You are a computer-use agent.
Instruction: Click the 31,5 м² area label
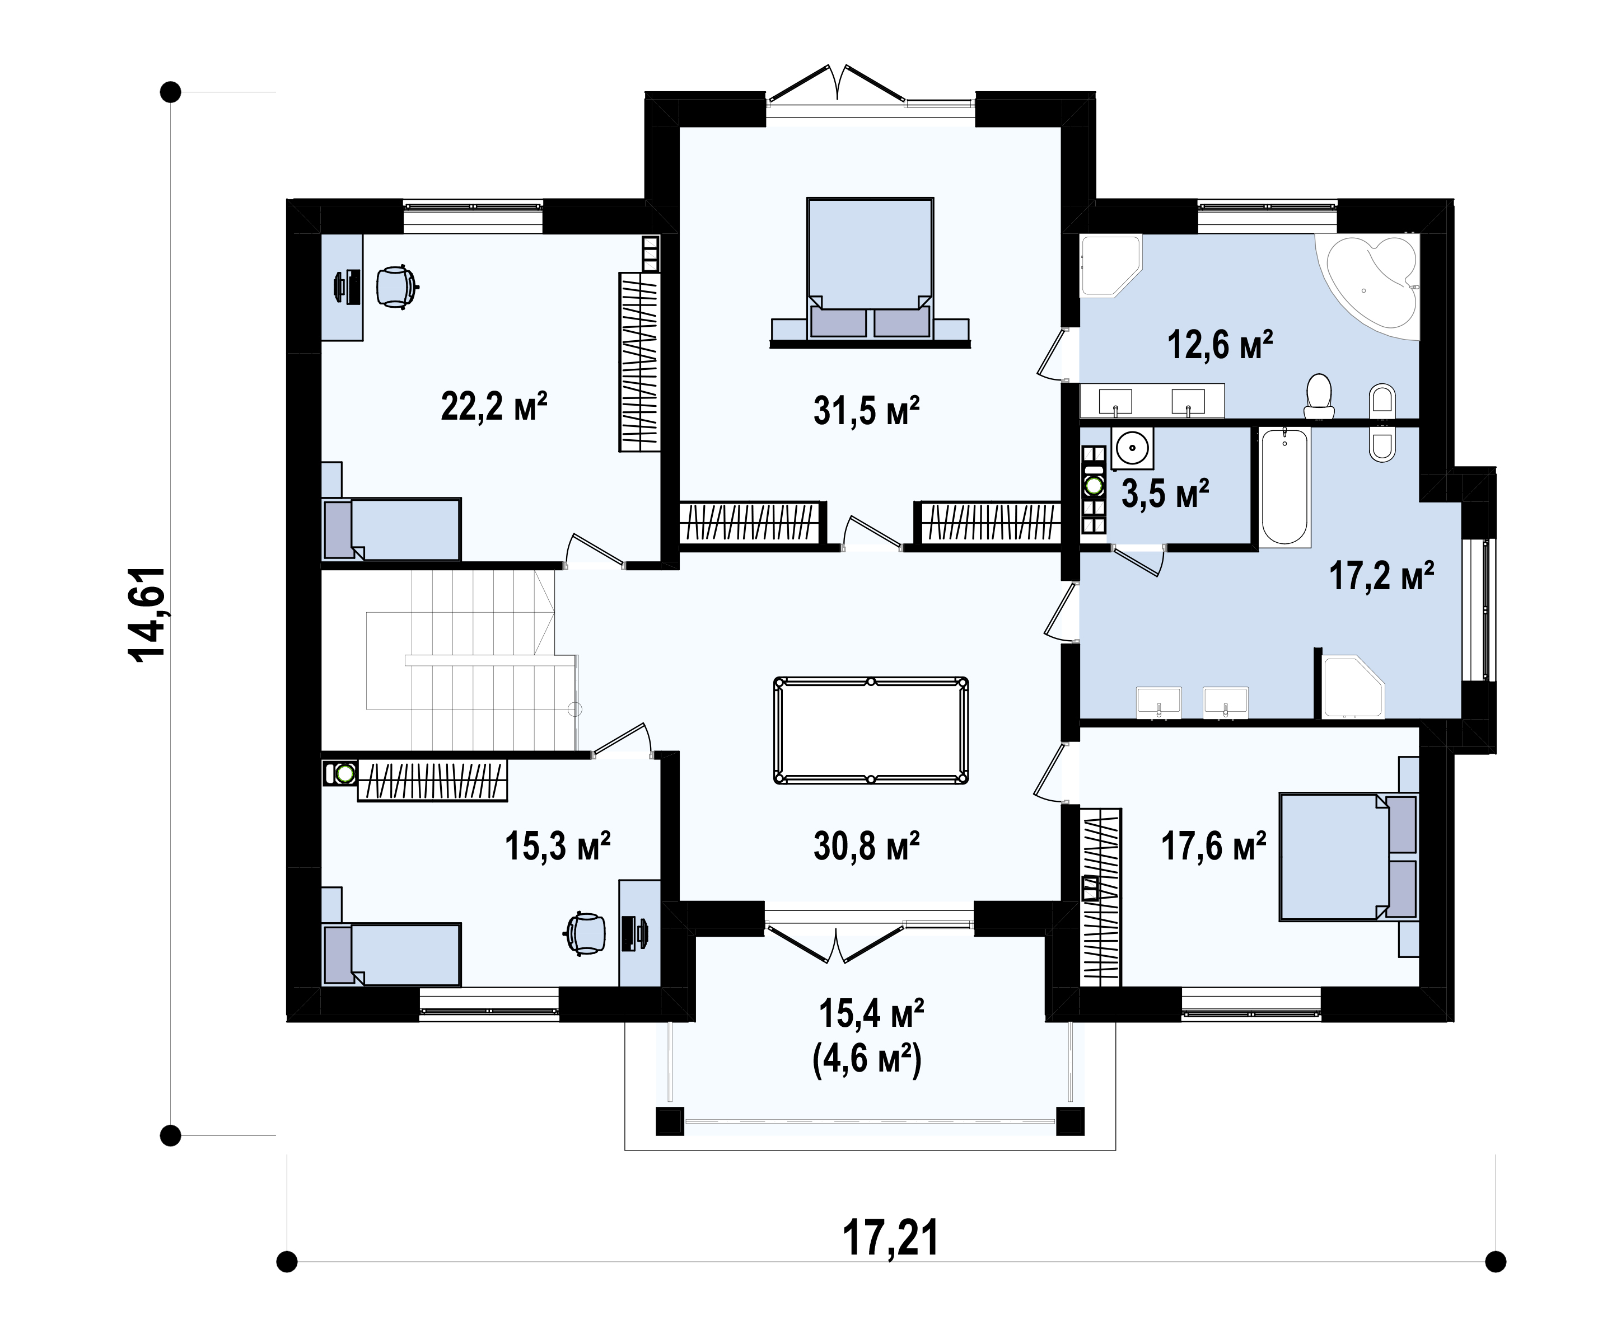click(x=866, y=411)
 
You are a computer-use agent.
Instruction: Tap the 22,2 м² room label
click(x=494, y=406)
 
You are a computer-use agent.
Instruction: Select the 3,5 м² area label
click(x=1165, y=494)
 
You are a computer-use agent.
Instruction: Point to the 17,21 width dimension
click(x=890, y=1237)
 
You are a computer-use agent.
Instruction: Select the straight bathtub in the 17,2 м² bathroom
click(x=1285, y=487)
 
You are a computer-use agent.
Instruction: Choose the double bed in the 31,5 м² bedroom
click(x=870, y=269)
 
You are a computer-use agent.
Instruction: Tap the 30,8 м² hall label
click(x=866, y=845)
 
